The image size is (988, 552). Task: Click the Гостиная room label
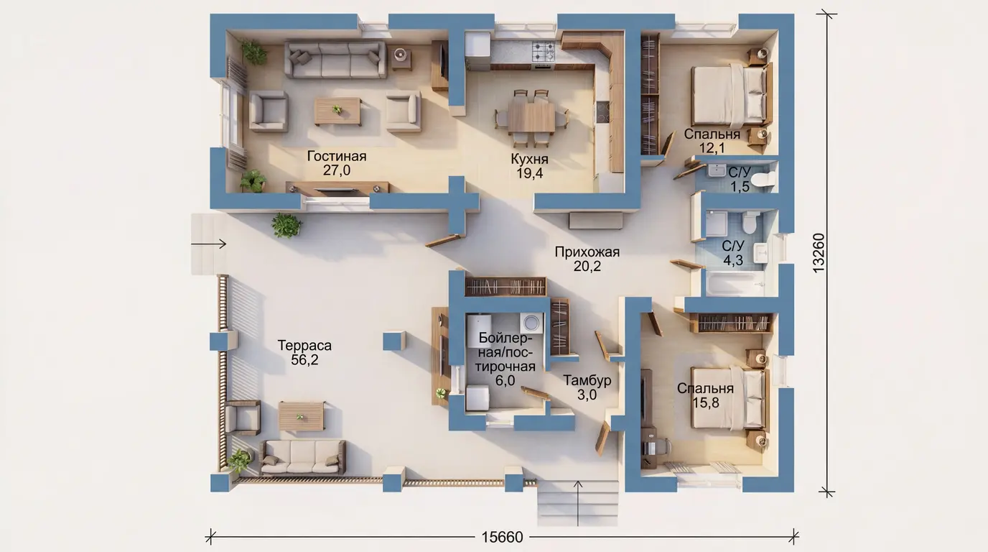[337, 156]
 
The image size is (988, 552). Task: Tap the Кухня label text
[529, 159]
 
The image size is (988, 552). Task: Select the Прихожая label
[587, 252]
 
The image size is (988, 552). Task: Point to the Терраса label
[304, 345]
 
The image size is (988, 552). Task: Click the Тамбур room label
[587, 380]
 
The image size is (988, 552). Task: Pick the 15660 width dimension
[502, 538]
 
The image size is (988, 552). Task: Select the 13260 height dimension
[819, 253]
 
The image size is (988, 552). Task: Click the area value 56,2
[304, 360]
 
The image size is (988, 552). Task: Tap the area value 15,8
[706, 402]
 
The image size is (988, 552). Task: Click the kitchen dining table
[531, 116]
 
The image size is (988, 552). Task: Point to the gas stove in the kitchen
[544, 52]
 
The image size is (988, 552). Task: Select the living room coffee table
[337, 111]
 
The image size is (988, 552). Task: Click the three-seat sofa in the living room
[335, 60]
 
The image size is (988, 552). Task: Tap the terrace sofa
[302, 457]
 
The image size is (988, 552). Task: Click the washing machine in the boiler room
[531, 323]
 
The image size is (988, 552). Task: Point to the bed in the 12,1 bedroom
[730, 96]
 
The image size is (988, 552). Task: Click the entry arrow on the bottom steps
[578, 503]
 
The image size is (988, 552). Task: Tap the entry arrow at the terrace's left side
[209, 244]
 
